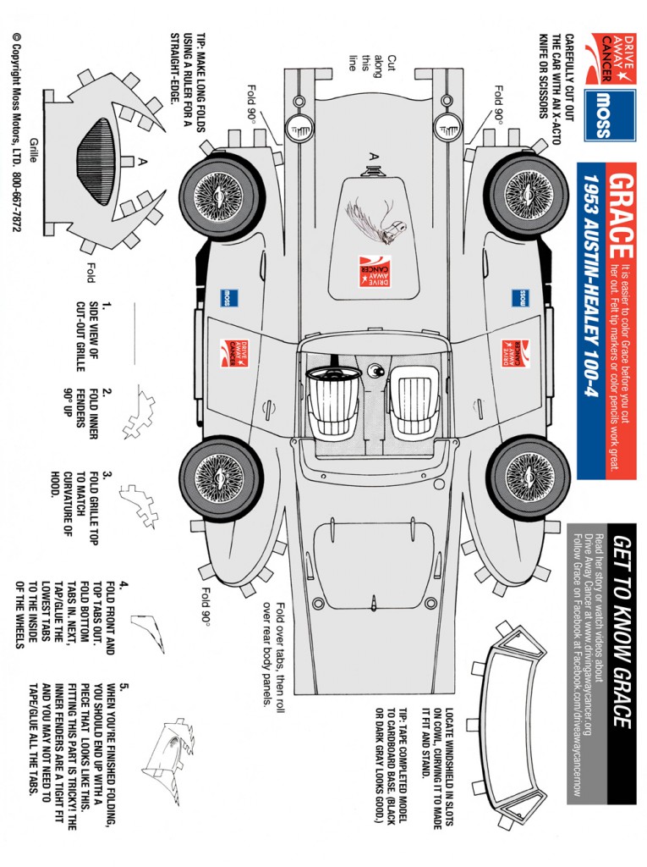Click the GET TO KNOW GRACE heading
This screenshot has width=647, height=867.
pyautogui.click(x=622, y=631)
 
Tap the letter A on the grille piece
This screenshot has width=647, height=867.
pyautogui.click(x=144, y=162)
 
